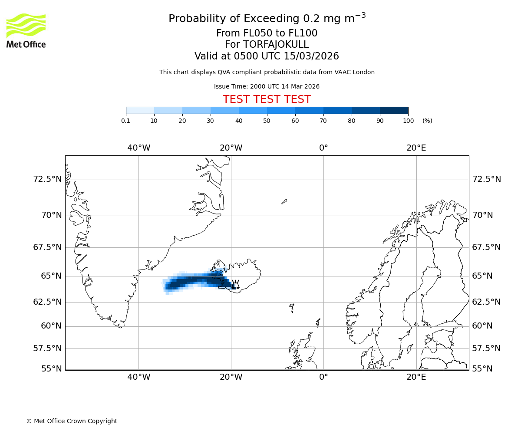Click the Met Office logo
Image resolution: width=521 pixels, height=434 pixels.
coord(26,30)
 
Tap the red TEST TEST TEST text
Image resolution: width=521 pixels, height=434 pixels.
coord(267,99)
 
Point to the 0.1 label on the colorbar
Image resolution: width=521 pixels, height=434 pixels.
coord(126,121)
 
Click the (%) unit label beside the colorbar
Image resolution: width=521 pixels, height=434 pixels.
coord(427,121)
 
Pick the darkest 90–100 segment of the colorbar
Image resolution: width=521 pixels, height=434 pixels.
coord(394,110)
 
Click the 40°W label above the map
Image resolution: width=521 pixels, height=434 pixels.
coord(139,148)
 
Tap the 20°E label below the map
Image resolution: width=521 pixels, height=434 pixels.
coord(416,377)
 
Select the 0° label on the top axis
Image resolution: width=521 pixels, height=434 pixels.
coord(323,148)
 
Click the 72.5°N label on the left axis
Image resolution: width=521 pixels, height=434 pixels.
coord(48,179)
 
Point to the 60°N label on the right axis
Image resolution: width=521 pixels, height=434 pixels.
coord(482,326)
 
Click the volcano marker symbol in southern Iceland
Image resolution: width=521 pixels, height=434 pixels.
coord(236,284)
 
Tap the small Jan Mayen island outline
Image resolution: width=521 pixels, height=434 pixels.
coord(284,201)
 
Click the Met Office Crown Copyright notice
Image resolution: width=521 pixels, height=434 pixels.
coord(72,421)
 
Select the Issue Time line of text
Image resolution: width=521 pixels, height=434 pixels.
coord(267,86)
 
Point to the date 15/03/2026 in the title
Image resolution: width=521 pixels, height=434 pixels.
coord(311,56)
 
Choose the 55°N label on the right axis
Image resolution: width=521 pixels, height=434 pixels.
coord(482,369)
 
